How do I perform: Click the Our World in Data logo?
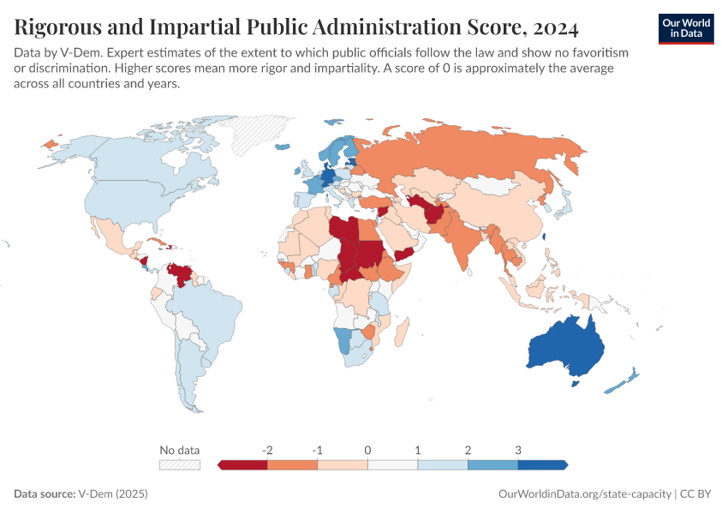686,28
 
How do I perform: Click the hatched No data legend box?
179,465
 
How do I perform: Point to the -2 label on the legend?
267,450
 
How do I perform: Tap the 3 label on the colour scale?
518,450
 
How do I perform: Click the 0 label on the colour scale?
367,450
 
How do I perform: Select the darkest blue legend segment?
542,465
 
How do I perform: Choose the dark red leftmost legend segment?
243,465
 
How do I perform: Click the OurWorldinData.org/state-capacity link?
584,494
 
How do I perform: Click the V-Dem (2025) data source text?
112,494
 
